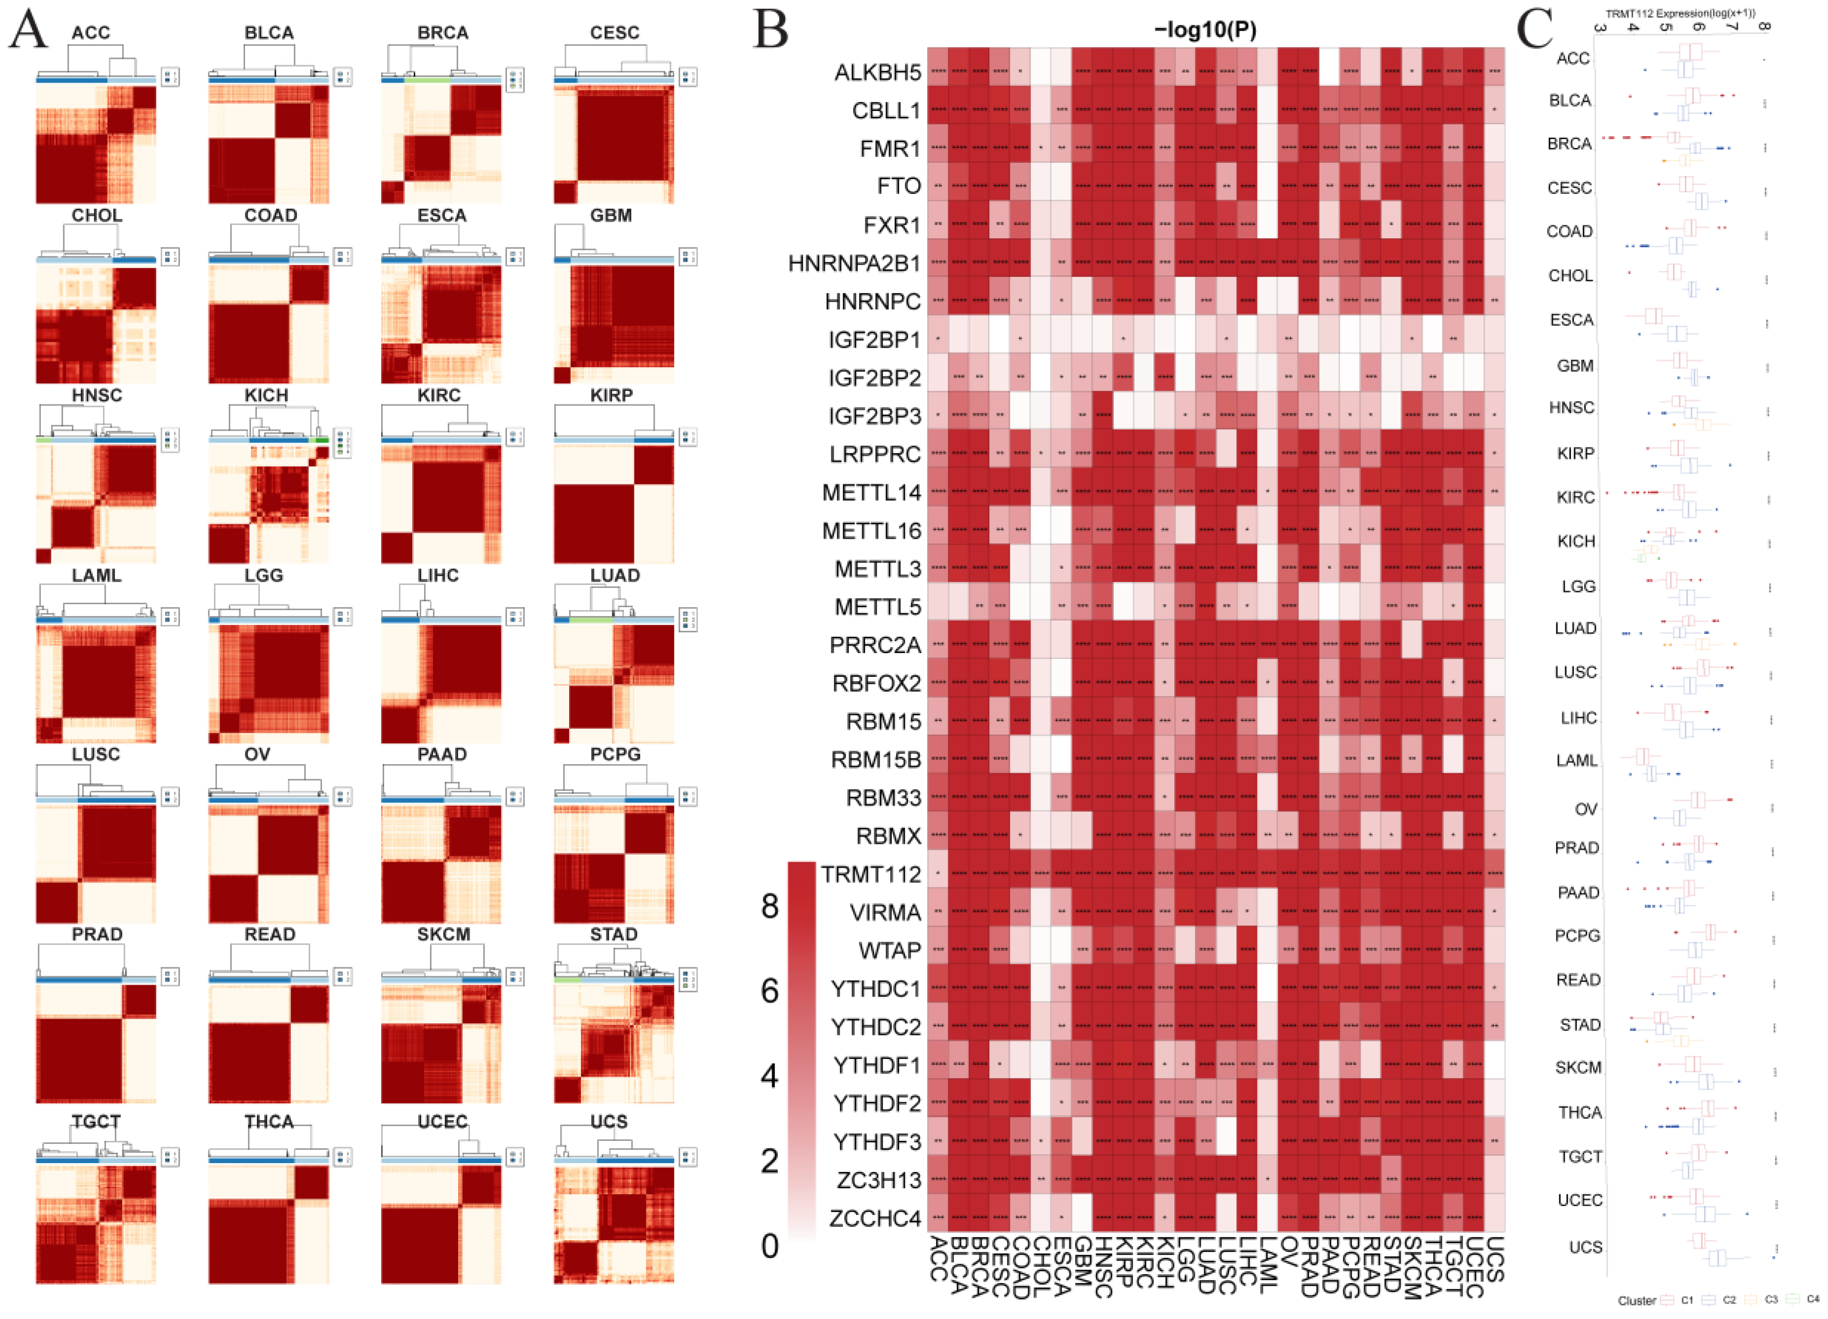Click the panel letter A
28,31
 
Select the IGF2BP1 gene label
874,339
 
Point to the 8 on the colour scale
770,907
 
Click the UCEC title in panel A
442,1122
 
